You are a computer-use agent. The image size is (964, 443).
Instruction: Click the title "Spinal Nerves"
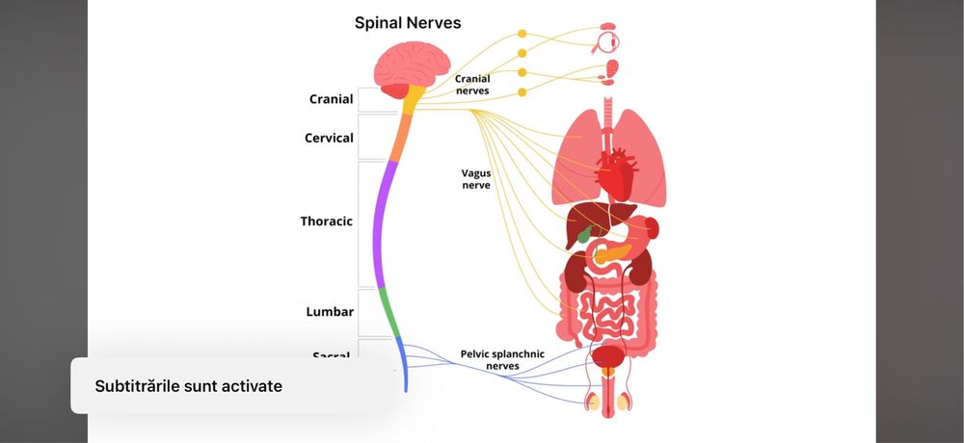click(x=408, y=22)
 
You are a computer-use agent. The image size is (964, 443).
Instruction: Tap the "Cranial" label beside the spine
click(x=331, y=99)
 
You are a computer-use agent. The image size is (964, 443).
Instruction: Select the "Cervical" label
click(x=329, y=138)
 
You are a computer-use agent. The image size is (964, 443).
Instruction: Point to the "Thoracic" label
click(x=326, y=221)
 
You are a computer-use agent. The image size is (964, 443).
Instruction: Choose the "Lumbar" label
click(x=330, y=312)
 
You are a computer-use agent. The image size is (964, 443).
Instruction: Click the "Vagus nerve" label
click(x=475, y=179)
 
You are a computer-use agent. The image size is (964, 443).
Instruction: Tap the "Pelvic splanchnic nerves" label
click(x=502, y=359)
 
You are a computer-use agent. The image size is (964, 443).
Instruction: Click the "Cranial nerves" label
click(x=472, y=85)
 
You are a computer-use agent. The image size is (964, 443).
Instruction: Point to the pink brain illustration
click(x=404, y=69)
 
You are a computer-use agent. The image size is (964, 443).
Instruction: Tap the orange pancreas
click(x=613, y=253)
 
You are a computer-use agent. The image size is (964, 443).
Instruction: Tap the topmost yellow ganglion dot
click(x=522, y=34)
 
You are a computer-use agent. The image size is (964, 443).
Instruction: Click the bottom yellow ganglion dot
click(x=522, y=92)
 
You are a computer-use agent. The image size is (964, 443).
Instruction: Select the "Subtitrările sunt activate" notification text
click(x=188, y=385)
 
